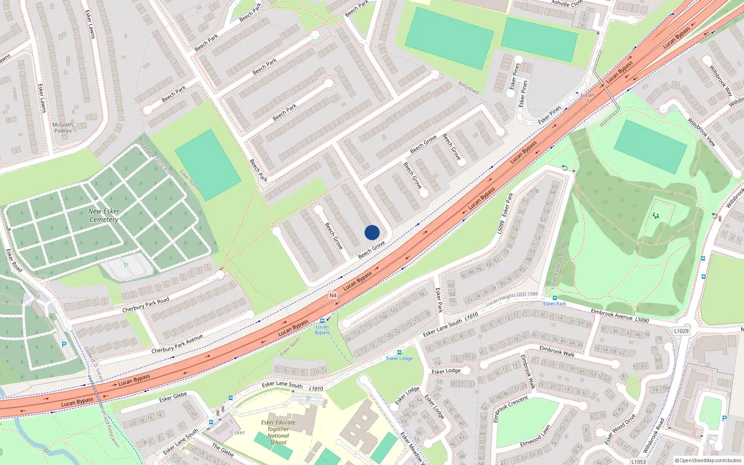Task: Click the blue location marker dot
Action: point(372,232)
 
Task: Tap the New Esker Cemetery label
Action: point(104,215)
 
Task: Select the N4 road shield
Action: point(332,295)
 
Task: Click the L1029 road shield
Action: point(681,331)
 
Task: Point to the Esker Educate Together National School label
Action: point(278,432)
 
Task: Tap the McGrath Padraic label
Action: point(63,128)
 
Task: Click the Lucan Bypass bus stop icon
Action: point(322,321)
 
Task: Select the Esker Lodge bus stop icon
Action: point(399,352)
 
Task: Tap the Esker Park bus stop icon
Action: point(554,298)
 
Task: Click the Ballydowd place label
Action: point(468,87)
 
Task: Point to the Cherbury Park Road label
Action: point(146,305)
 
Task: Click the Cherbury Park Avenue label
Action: point(177,344)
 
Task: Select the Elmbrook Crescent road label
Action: point(510,409)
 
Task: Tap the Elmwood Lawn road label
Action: point(535,436)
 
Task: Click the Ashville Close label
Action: point(567,3)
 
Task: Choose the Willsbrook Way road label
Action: point(721,80)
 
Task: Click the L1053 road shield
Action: point(638,462)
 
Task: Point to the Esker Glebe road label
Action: point(173,397)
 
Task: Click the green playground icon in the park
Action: point(656,215)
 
